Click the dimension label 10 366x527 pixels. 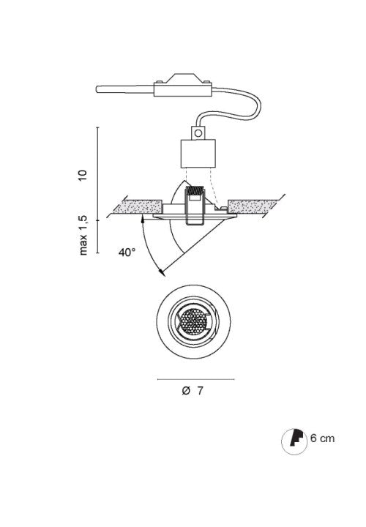83,175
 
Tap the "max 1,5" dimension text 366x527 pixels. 83,235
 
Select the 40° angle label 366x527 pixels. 127,253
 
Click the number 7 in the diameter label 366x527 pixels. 200,391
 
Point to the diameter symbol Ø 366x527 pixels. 186,391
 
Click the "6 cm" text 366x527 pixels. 323,438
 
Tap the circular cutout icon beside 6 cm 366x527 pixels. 294,441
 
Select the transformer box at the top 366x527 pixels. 183,86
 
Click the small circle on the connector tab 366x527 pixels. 198,133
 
